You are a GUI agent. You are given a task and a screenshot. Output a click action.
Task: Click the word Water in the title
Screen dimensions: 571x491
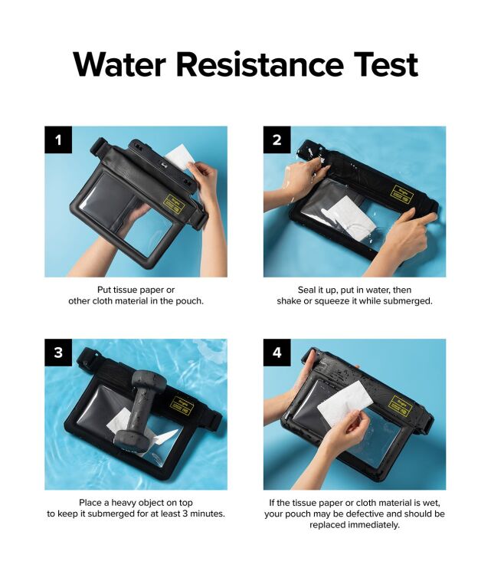click(x=119, y=64)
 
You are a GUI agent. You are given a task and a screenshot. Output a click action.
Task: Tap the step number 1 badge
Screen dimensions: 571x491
click(x=58, y=140)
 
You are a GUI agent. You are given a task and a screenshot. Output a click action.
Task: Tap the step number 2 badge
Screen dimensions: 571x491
click(x=277, y=140)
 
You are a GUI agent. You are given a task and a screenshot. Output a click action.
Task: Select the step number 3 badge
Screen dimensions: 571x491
click(x=58, y=353)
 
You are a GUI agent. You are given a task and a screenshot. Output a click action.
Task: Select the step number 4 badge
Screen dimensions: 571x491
click(x=277, y=353)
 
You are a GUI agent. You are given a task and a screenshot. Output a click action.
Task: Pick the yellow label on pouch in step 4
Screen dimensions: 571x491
click(x=400, y=404)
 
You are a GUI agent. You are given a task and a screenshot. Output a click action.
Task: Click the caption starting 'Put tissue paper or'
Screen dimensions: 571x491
click(x=136, y=295)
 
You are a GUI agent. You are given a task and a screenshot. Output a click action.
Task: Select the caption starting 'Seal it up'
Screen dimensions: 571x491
click(x=355, y=295)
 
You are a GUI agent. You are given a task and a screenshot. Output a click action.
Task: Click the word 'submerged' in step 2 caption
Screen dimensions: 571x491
click(x=409, y=300)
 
